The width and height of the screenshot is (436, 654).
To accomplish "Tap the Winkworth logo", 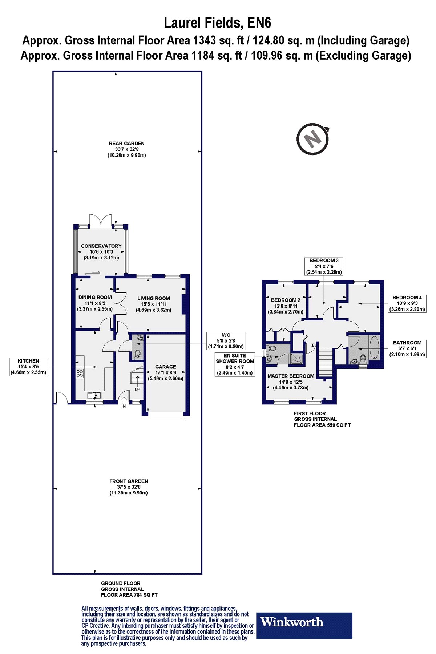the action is (x=304, y=626).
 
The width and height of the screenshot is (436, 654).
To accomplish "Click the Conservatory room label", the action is (x=101, y=252).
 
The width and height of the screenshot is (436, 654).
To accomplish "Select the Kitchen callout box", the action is (x=28, y=367).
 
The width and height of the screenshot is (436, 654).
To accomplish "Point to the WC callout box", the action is (x=226, y=341).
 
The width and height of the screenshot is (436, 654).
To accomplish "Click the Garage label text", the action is (x=166, y=372).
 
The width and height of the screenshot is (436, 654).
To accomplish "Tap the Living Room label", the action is (x=154, y=304).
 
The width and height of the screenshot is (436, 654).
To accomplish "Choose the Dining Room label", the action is (x=95, y=303).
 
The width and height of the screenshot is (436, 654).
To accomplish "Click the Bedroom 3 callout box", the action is (x=324, y=266).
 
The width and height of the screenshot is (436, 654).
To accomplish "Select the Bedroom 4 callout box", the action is (x=407, y=303).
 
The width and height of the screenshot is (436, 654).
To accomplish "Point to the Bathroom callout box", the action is (x=407, y=348).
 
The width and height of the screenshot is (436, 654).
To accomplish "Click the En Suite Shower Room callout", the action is (x=235, y=364).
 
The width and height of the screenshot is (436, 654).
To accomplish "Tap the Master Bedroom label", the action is (x=291, y=382).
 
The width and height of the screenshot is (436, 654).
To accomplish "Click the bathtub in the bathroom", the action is (x=374, y=348).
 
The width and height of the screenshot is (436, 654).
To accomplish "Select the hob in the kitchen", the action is (x=80, y=373).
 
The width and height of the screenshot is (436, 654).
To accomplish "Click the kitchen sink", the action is (x=95, y=395).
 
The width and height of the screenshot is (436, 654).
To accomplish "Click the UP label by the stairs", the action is (x=137, y=389).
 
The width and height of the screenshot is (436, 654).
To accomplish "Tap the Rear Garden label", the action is (x=127, y=149).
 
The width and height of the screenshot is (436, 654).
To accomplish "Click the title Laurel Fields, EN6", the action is (x=217, y=23).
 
